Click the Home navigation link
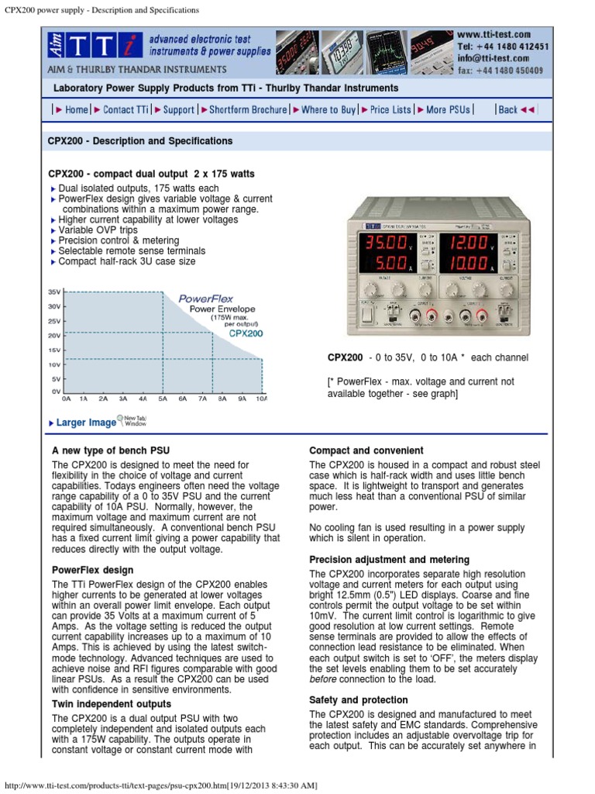click(x=76, y=110)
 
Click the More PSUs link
click(x=448, y=110)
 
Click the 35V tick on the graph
click(x=54, y=292)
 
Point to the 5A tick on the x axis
click(x=163, y=399)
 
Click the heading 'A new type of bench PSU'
click(x=110, y=451)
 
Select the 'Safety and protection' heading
click(x=358, y=700)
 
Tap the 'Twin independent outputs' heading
click(x=112, y=704)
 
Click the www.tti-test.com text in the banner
click(x=494, y=34)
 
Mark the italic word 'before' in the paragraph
click(x=324, y=679)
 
